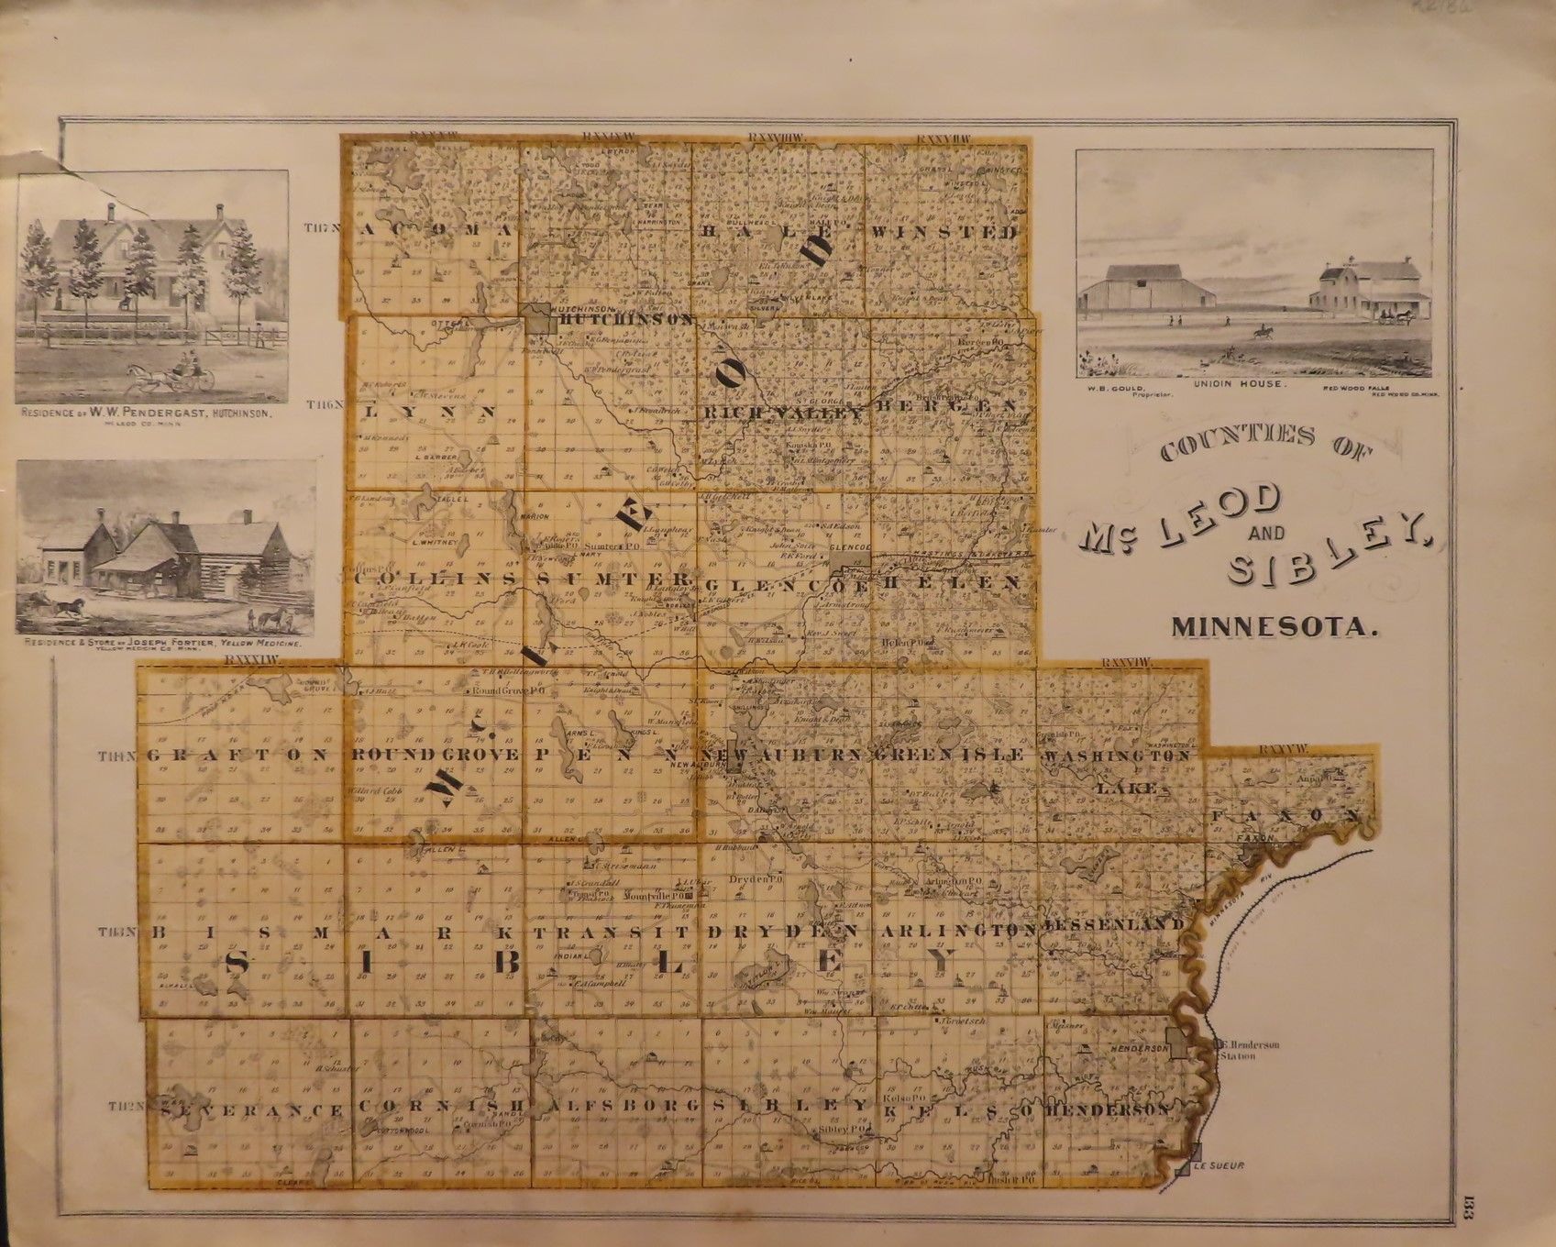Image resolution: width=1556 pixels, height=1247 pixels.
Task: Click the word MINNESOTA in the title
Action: (1275, 630)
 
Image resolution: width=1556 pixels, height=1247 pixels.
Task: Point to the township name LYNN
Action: (430, 413)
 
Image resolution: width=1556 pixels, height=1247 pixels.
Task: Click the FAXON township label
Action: (1284, 815)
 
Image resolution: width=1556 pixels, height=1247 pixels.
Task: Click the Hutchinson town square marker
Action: (537, 318)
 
